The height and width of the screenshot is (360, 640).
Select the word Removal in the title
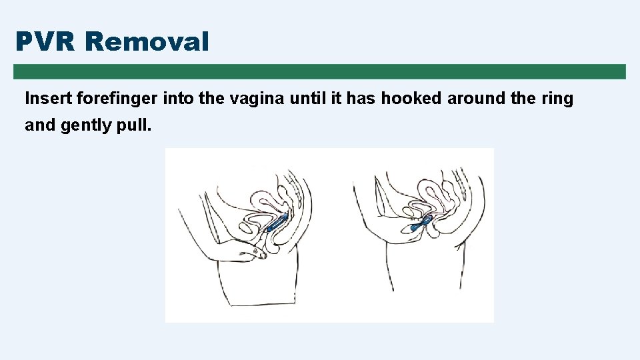click(147, 42)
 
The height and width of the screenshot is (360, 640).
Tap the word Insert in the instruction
click(49, 99)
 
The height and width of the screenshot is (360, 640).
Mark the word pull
click(134, 125)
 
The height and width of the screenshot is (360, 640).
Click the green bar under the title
click(319, 71)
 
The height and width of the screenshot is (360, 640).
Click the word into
click(179, 99)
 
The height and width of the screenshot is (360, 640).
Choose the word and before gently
click(40, 125)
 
